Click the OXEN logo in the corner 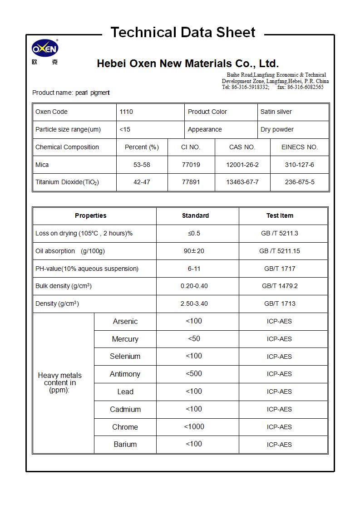point(45,49)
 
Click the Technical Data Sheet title point(183,33)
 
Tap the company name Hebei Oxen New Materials point(187,64)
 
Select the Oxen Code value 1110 point(126,112)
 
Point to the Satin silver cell point(276,112)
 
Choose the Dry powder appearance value point(277,129)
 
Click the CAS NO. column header point(242,147)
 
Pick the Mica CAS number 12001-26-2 point(242,165)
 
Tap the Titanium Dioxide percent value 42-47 point(142,182)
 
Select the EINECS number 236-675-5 point(299,182)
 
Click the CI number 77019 point(191,165)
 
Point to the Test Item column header point(280,215)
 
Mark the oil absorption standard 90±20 point(194,251)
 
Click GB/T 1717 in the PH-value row point(280,269)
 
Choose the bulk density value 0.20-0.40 point(194,286)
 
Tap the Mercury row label point(125,339)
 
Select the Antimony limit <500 point(194,374)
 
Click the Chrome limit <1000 point(194,426)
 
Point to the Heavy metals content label point(60,382)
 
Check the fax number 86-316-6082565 point(305,87)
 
